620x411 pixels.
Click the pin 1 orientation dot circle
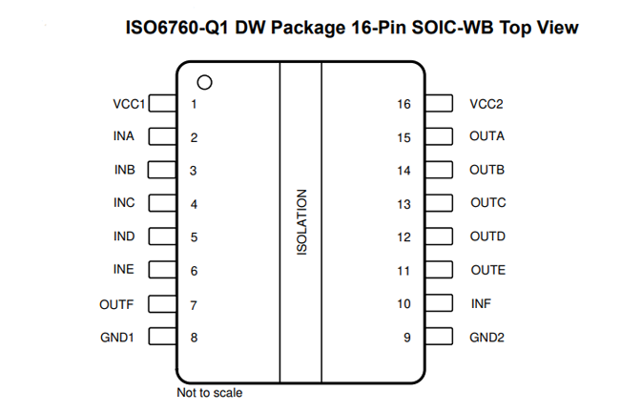click(x=204, y=76)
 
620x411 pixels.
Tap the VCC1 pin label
click(x=129, y=104)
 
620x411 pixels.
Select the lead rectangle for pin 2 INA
click(x=162, y=136)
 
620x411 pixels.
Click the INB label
click(x=125, y=170)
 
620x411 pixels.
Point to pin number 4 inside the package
click(x=194, y=204)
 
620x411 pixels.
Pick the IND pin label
click(x=124, y=236)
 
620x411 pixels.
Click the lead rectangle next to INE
click(x=162, y=270)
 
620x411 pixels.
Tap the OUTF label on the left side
click(x=116, y=305)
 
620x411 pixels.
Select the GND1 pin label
click(x=117, y=338)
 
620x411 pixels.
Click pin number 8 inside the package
click(x=194, y=338)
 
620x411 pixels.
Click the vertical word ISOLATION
click(x=301, y=222)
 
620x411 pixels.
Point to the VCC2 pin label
click(x=486, y=104)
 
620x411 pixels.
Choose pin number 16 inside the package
click(x=403, y=104)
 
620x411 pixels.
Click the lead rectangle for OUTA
click(x=439, y=136)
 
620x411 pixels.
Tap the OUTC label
click(x=488, y=203)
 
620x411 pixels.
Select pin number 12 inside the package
click(x=403, y=237)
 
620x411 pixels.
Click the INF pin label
click(x=481, y=304)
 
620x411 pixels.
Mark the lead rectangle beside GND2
click(x=439, y=337)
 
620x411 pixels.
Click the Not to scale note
click(x=210, y=393)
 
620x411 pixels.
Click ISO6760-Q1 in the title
click(x=177, y=28)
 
